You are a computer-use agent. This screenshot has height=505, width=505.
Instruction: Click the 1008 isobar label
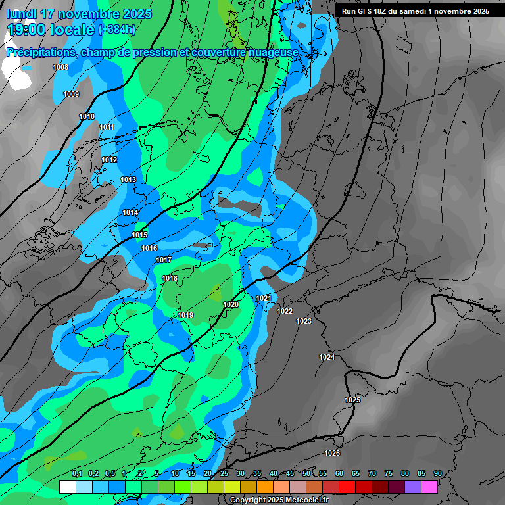click(x=60, y=67)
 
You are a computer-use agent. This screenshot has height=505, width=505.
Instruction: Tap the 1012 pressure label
click(x=109, y=160)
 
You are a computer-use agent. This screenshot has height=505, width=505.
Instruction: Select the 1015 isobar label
click(x=139, y=235)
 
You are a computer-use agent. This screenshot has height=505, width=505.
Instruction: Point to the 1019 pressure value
click(x=185, y=316)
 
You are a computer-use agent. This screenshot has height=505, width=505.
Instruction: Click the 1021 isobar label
click(x=264, y=298)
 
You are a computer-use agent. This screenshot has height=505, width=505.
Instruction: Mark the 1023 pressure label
click(x=304, y=321)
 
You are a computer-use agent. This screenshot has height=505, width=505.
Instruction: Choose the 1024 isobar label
click(x=327, y=357)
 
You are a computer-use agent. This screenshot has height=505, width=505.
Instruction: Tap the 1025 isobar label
click(x=352, y=400)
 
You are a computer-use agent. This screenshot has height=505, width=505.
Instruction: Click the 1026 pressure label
click(x=332, y=453)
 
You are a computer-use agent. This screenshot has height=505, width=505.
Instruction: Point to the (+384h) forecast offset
click(x=116, y=30)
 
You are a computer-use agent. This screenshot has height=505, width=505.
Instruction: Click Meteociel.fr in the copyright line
click(x=307, y=500)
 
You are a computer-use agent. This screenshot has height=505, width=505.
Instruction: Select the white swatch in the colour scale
click(x=67, y=487)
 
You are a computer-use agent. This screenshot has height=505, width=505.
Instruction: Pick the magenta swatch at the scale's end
click(x=429, y=487)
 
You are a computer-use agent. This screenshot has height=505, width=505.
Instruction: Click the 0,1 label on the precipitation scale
click(x=76, y=473)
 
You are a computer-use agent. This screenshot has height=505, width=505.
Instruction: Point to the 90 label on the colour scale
click(x=437, y=473)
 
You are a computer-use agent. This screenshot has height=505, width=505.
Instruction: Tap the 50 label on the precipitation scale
click(x=306, y=473)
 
